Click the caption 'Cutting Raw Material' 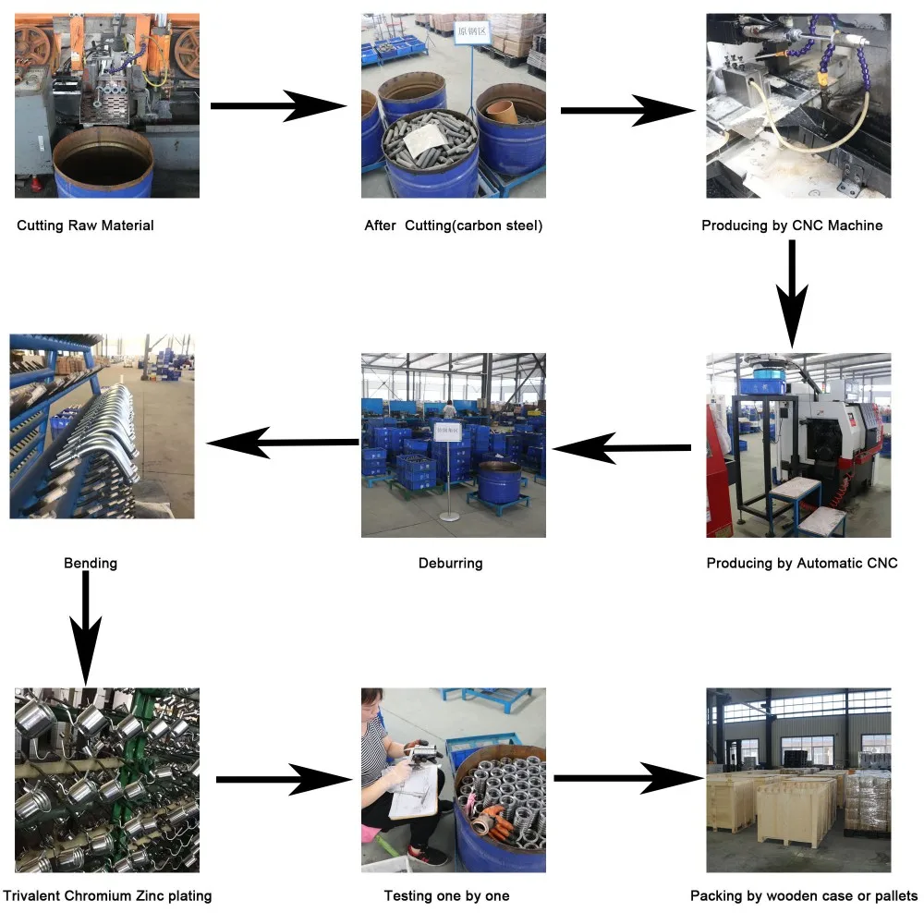tap(85, 225)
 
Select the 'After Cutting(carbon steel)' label tap(453, 225)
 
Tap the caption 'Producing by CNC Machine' tap(792, 225)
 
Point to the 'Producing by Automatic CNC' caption tap(801, 563)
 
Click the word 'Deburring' tap(451, 563)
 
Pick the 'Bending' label tap(91, 563)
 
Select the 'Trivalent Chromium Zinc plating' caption tap(107, 895)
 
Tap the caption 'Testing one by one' tap(446, 895)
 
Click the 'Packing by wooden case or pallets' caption tap(804, 895)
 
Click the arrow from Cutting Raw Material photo tap(277, 106)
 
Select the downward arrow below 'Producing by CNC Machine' tap(792, 291)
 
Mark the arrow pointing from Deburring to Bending tap(282, 443)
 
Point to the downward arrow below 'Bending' tap(85, 628)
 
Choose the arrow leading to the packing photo tap(628, 778)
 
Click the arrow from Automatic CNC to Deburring tap(621, 449)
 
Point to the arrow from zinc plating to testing tap(284, 779)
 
